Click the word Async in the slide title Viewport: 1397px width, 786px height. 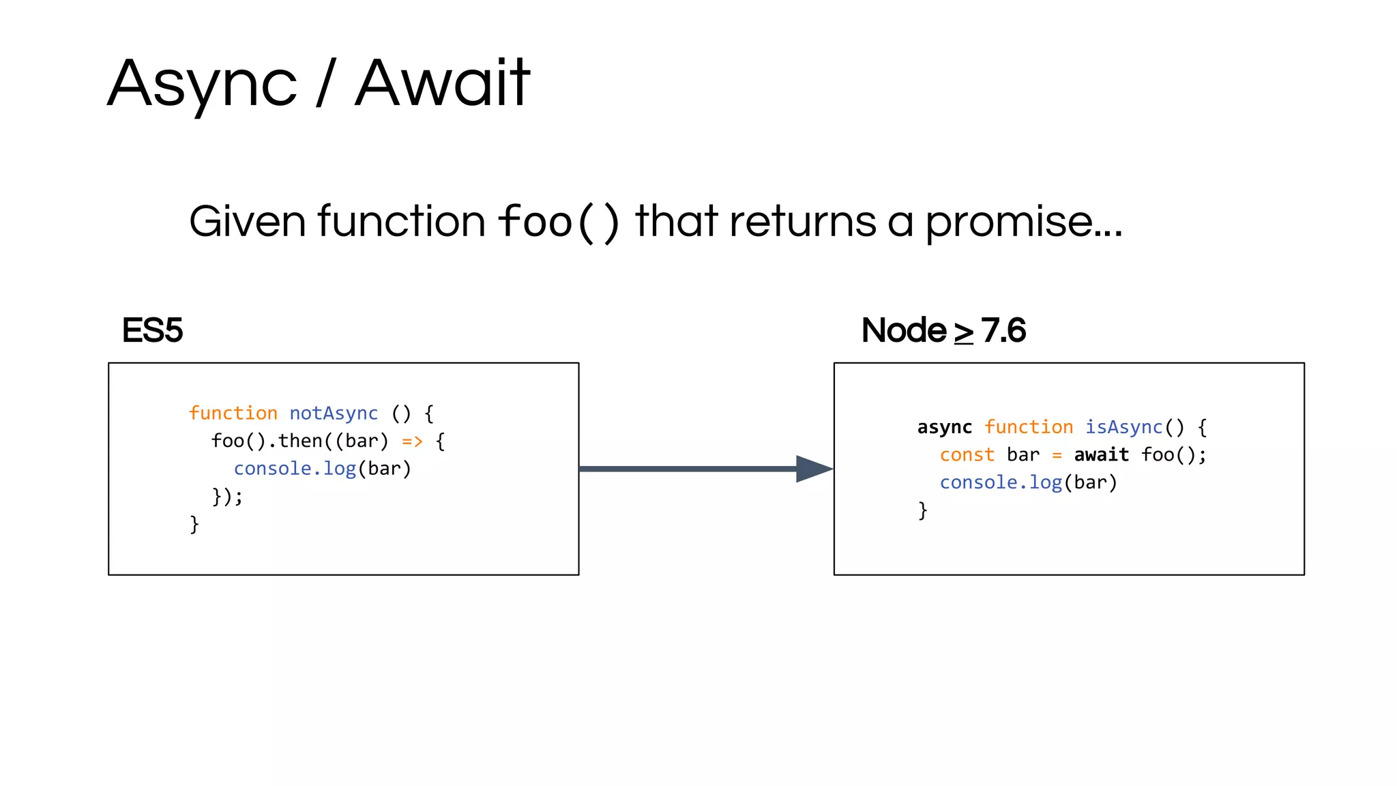click(x=202, y=85)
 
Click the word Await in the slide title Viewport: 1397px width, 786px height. click(x=442, y=83)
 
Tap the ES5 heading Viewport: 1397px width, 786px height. click(x=152, y=330)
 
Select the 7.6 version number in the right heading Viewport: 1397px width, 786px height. click(x=1003, y=331)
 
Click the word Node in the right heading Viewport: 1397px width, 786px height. click(x=904, y=331)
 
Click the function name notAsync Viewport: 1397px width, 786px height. click(x=334, y=413)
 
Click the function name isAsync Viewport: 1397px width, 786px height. click(x=1123, y=427)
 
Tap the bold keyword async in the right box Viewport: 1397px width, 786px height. click(x=944, y=427)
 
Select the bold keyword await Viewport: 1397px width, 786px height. click(x=1101, y=455)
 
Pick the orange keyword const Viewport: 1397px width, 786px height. click(x=967, y=455)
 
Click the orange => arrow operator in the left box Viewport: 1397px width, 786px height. click(x=412, y=441)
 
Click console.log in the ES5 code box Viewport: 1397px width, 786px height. click(x=295, y=469)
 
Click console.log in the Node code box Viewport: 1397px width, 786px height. click(x=1001, y=482)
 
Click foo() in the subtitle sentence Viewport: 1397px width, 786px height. click(x=559, y=222)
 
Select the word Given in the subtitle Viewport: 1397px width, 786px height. click(x=247, y=222)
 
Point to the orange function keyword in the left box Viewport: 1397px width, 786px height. click(x=233, y=413)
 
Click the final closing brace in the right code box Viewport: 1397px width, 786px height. click(x=922, y=510)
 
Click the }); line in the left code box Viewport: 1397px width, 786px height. click(x=226, y=496)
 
